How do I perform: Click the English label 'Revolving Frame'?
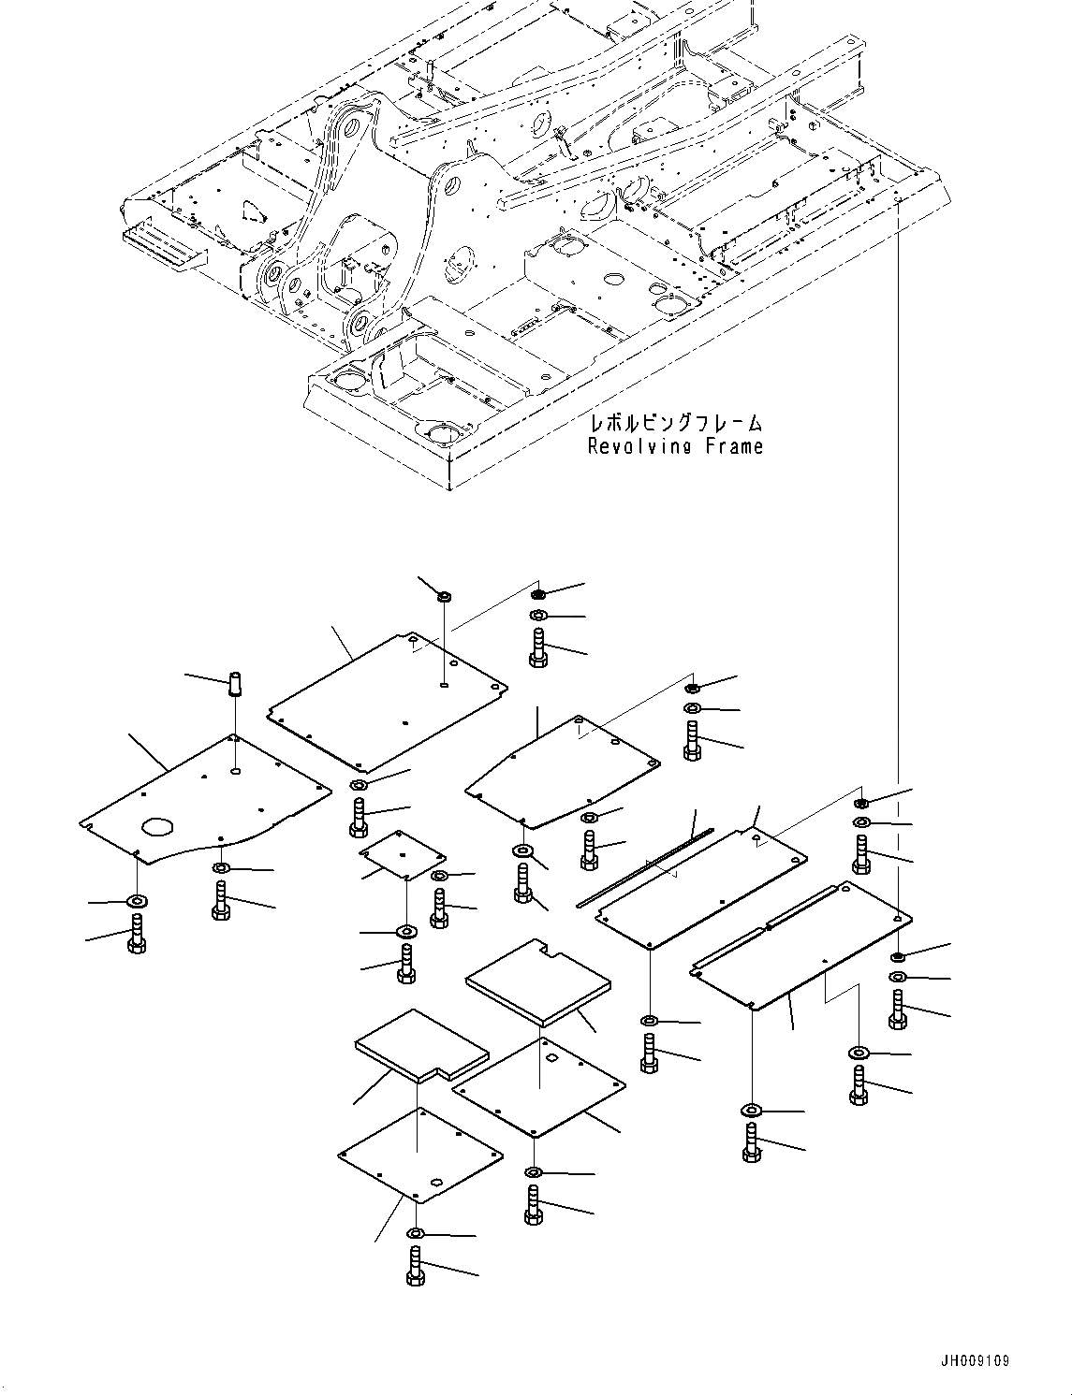[x=675, y=446]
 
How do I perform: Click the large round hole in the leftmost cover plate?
[x=158, y=827]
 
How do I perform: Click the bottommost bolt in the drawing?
[x=417, y=1268]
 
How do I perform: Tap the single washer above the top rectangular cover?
[x=445, y=596]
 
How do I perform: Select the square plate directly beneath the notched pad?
[x=538, y=1085]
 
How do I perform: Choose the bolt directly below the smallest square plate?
[x=406, y=963]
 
